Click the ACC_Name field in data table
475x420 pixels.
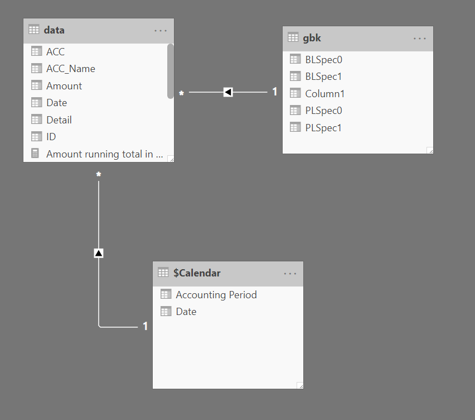click(70, 69)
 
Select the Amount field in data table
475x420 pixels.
click(64, 86)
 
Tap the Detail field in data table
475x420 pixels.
click(59, 120)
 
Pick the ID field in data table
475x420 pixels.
click(51, 137)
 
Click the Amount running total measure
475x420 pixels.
click(104, 154)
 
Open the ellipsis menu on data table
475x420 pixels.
click(161, 30)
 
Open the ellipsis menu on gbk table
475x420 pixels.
click(420, 38)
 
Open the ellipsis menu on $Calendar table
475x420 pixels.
click(290, 273)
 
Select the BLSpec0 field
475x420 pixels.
click(323, 60)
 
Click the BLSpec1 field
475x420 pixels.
click(323, 77)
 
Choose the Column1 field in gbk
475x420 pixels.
click(324, 94)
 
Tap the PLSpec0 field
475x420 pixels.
click(323, 111)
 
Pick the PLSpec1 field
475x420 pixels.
click(323, 128)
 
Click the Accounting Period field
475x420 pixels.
click(216, 295)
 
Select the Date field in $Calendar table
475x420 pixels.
click(186, 312)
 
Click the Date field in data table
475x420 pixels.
click(56, 103)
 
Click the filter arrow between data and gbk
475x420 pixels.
click(227, 92)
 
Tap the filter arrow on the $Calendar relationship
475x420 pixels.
click(99, 253)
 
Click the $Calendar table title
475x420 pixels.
click(197, 273)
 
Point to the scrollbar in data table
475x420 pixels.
click(170, 71)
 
